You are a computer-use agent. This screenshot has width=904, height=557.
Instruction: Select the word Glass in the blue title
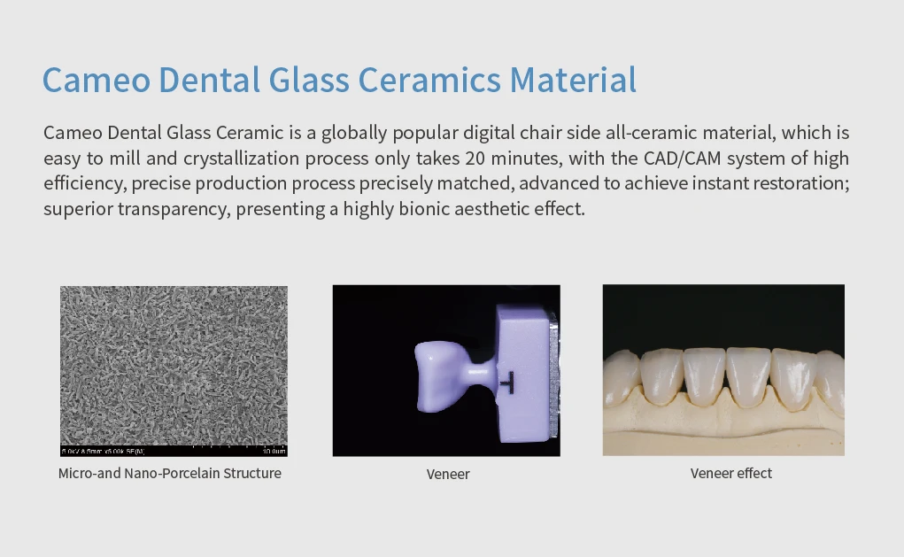312,80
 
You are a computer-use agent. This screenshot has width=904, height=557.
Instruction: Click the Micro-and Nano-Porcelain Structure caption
170,474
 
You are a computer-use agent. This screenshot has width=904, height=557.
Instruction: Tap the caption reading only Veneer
448,475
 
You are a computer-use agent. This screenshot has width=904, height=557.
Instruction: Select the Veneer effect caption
731,474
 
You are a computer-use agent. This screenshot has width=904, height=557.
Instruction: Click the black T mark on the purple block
506,381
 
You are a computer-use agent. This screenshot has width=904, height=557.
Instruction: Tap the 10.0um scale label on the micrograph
274,452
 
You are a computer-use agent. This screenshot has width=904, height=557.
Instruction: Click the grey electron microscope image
174,363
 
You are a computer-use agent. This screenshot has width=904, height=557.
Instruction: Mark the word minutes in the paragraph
568,159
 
